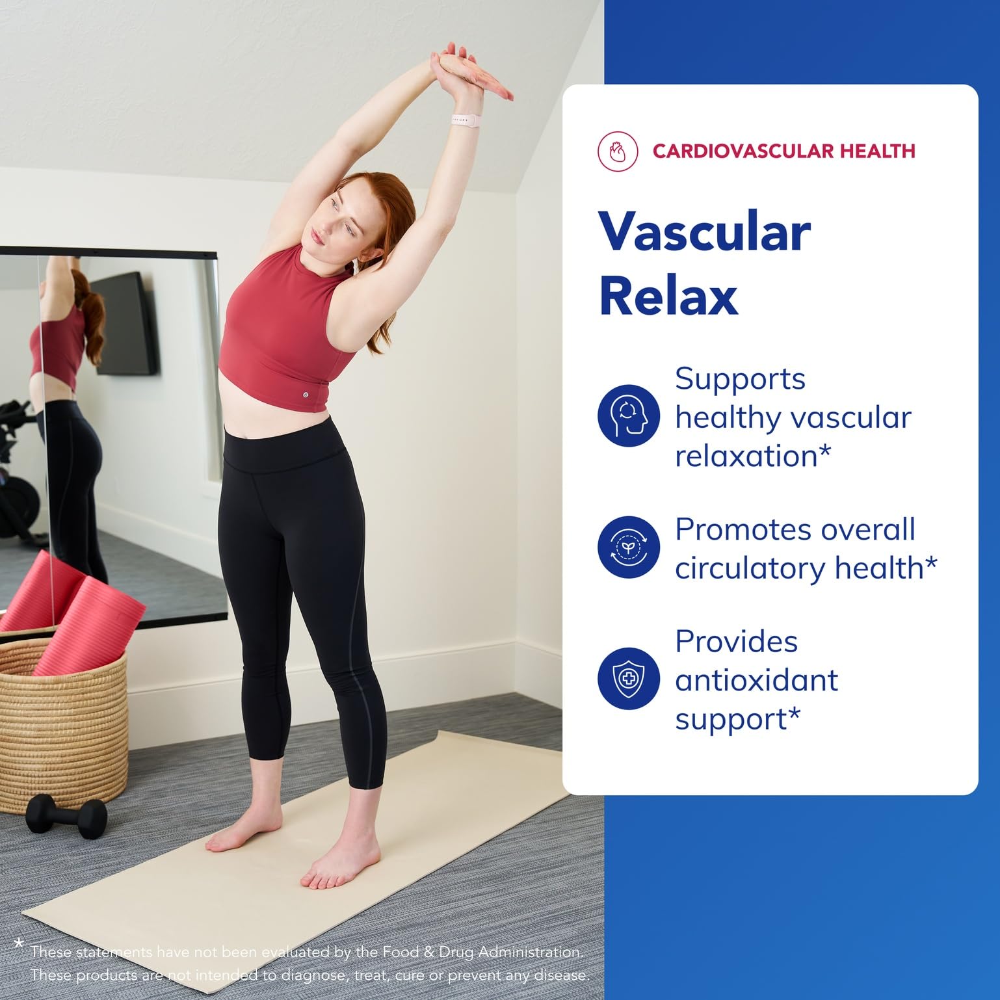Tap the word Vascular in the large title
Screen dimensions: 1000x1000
point(704,233)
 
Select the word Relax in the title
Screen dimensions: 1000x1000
point(668,296)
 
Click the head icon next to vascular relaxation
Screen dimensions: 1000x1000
point(629,415)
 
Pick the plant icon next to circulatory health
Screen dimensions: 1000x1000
point(628,547)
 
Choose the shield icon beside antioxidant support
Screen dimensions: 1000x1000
point(628,679)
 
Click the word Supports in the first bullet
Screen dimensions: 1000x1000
point(740,379)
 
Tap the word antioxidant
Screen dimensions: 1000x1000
point(756,681)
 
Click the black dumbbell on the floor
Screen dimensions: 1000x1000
point(67,815)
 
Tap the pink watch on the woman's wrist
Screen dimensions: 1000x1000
point(467,121)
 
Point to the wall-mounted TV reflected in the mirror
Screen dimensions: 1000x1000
point(124,324)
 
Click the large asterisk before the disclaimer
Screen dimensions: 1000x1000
point(19,941)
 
